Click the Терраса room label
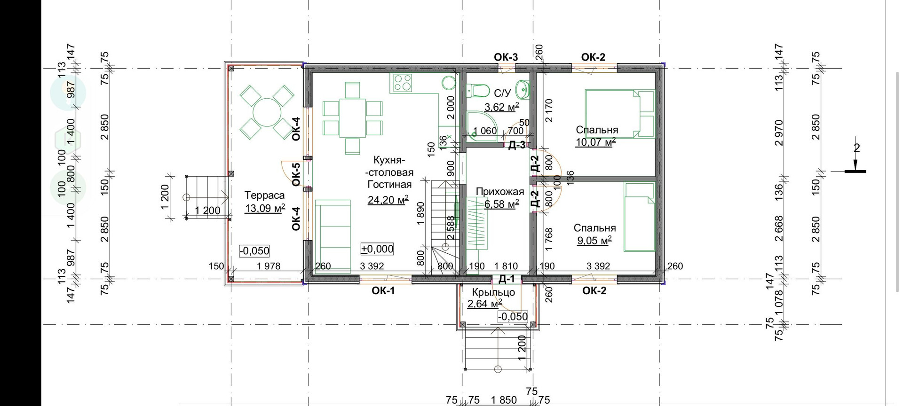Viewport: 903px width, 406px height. click(x=264, y=195)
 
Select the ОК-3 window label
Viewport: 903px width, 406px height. click(x=506, y=57)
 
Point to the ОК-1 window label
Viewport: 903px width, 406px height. click(x=383, y=291)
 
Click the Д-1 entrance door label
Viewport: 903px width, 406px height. click(x=506, y=279)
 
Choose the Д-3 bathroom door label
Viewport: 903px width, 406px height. click(x=516, y=145)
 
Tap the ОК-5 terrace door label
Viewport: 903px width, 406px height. click(x=296, y=174)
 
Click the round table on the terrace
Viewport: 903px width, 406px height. click(x=267, y=112)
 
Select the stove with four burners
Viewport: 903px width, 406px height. click(x=403, y=83)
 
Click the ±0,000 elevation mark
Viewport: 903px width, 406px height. click(x=377, y=249)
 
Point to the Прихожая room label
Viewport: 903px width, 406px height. click(x=499, y=192)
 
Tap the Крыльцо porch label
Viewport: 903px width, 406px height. click(x=493, y=292)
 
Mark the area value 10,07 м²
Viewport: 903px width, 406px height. click(x=596, y=142)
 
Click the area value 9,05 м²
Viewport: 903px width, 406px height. click(x=594, y=241)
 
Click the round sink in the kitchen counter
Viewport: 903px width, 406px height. click(x=449, y=83)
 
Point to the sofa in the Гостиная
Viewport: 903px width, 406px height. click(x=333, y=236)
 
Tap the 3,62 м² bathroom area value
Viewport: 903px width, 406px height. click(x=502, y=107)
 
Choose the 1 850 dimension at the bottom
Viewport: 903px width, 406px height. click(x=504, y=400)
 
